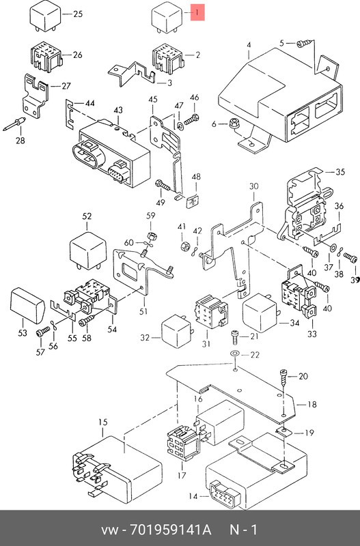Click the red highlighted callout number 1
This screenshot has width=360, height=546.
pyautogui.click(x=197, y=13)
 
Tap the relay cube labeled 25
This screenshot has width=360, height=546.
pyautogui.click(x=44, y=16)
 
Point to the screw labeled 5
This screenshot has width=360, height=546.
pyautogui.click(x=305, y=44)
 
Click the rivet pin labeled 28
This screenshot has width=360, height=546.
pyautogui.click(x=14, y=124)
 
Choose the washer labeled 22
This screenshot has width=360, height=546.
pyautogui.click(x=235, y=354)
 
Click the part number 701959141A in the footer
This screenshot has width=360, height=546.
pyautogui.click(x=170, y=530)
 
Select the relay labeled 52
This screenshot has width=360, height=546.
pyautogui.click(x=88, y=250)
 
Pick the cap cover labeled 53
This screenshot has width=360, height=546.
pyautogui.click(x=27, y=305)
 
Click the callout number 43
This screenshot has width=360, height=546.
pyautogui.click(x=118, y=110)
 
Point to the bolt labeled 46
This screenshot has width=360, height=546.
pyautogui.click(x=191, y=119)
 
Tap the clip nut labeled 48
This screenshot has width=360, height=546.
pyautogui.click(x=193, y=201)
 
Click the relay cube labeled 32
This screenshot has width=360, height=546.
pyautogui.click(x=177, y=331)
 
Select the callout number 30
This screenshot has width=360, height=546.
pyautogui.click(x=253, y=186)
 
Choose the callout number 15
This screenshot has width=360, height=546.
pyautogui.click(x=102, y=422)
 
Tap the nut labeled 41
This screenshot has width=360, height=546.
pyautogui.click(x=184, y=246)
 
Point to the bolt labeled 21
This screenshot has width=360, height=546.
pyautogui.click(x=235, y=336)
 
